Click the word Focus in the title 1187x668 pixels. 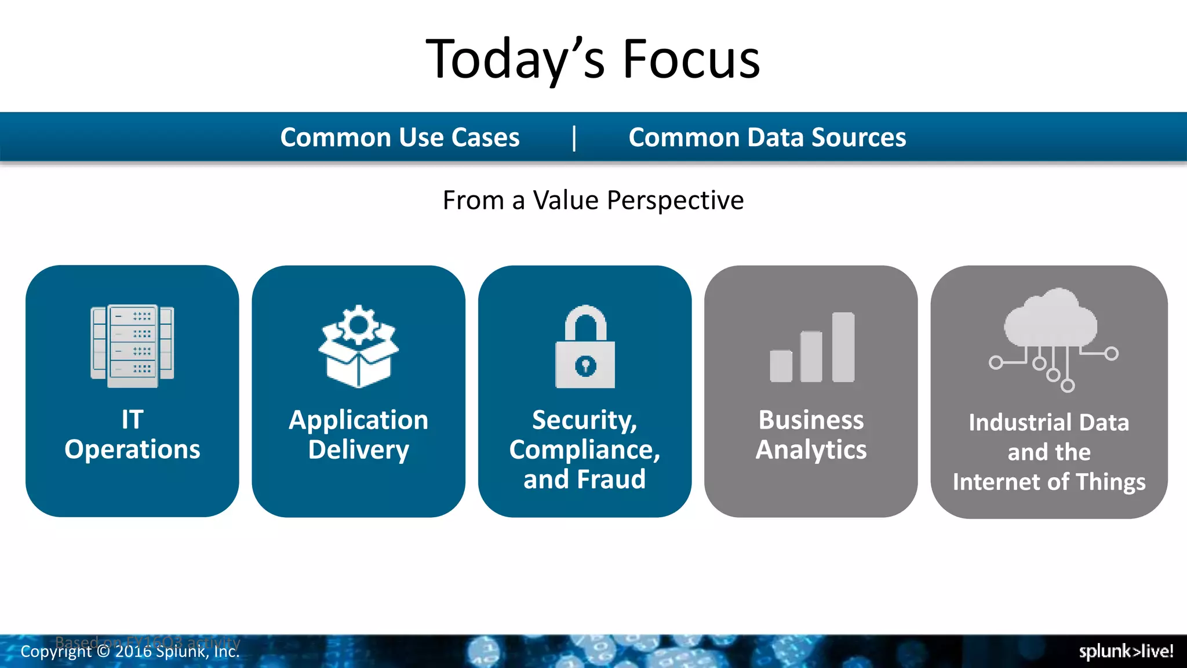691,59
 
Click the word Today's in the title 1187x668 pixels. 515,59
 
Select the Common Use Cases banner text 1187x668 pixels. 400,137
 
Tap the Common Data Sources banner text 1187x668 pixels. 767,137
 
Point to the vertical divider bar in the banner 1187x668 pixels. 574,138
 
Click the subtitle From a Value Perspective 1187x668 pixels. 593,201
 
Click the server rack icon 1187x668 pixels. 132,346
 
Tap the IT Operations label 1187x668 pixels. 132,434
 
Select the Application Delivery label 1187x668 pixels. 359,434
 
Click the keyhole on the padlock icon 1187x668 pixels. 585,366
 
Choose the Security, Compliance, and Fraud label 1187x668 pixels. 585,449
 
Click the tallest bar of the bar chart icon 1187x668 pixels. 843,347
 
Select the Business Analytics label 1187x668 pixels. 811,434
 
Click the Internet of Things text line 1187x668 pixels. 1049,482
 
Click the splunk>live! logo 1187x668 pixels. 1126,651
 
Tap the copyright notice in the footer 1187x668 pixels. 130,652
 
